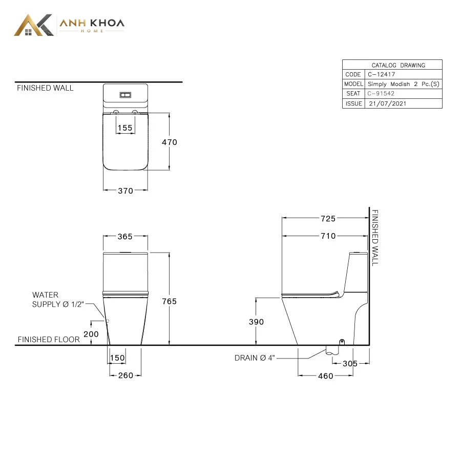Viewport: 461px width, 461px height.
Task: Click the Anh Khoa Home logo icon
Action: coord(34,25)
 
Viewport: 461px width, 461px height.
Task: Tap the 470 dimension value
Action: coord(170,142)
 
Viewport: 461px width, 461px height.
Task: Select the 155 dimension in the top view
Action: coord(125,128)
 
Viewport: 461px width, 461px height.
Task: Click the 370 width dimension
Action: coord(125,191)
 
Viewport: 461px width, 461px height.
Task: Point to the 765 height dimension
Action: coord(170,301)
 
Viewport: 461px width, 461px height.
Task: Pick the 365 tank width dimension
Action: coord(125,237)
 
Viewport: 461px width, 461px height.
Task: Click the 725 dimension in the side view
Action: coord(328,219)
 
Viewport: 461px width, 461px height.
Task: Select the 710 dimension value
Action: coord(328,236)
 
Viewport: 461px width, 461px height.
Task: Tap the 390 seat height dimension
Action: coord(257,322)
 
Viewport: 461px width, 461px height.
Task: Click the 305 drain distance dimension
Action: coord(350,364)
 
